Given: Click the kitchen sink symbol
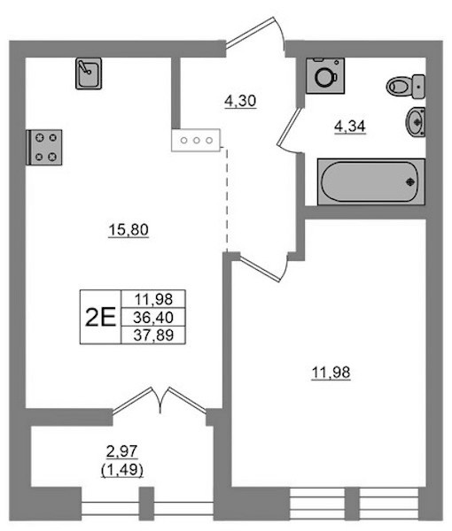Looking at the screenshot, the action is tap(89, 73).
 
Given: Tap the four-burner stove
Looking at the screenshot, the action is tap(44, 147).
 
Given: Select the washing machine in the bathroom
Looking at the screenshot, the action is tap(325, 75).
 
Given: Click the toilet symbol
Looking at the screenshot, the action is tap(406, 87).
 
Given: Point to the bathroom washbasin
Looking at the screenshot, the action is tap(416, 122).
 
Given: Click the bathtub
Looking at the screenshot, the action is tap(371, 181).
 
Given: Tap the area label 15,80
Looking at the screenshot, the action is tap(129, 230).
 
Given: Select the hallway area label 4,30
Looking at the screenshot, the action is tap(240, 101).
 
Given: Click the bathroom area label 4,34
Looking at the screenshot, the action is tap(350, 127).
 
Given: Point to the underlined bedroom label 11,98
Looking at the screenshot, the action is tap(331, 373).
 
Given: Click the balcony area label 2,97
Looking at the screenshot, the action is tap(122, 451).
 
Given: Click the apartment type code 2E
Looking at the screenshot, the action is tap(100, 318).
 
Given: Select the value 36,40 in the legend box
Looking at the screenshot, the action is tap(153, 318).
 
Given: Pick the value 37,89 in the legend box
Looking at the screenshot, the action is tap(153, 335).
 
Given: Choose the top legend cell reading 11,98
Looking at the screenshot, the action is tap(153, 299).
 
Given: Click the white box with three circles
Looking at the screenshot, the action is tap(196, 140).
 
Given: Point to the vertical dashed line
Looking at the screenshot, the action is tap(227, 199).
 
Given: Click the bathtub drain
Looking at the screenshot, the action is tap(410, 181).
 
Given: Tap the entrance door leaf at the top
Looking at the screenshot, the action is tap(249, 32).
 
